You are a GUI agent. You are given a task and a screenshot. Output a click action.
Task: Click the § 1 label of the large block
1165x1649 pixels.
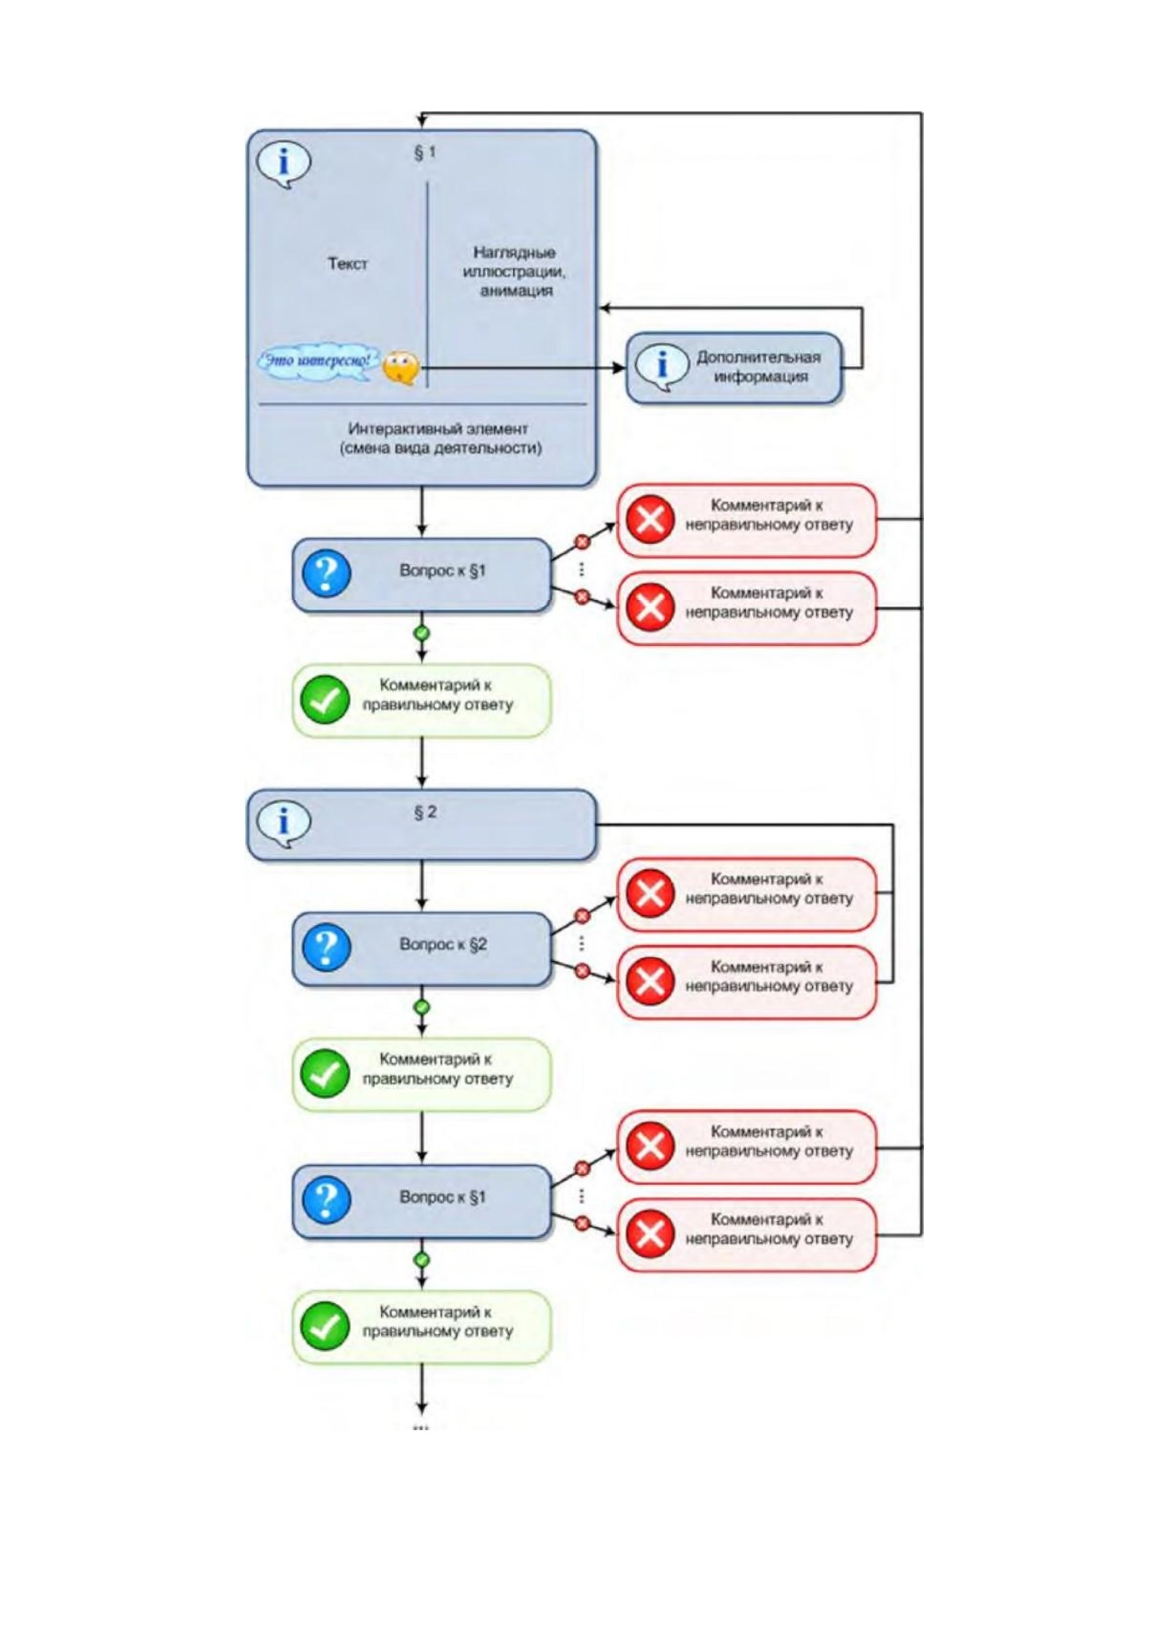(425, 152)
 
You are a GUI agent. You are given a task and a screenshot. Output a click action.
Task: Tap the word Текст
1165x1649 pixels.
(347, 264)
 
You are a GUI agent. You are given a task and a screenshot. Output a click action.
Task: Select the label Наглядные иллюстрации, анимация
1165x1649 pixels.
(515, 272)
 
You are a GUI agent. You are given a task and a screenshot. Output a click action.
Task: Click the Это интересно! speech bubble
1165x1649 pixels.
(318, 360)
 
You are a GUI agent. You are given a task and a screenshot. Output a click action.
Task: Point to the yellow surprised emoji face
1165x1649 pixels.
(400, 368)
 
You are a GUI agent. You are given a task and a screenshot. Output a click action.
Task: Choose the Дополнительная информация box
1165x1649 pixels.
(734, 368)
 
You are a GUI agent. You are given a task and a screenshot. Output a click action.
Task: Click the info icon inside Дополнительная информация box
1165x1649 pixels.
(661, 367)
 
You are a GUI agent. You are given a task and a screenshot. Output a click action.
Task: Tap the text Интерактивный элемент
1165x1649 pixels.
(438, 429)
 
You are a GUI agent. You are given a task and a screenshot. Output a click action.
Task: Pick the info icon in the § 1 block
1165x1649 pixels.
(283, 164)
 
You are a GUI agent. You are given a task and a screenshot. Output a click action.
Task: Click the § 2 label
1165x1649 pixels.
(425, 812)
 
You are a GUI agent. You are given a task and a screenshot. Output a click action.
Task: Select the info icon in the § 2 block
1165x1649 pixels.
(283, 824)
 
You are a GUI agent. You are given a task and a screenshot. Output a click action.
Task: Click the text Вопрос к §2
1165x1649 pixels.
(443, 944)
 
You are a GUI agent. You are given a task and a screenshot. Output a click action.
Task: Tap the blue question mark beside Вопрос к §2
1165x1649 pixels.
(326, 947)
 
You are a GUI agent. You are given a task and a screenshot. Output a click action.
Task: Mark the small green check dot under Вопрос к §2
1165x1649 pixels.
(421, 1007)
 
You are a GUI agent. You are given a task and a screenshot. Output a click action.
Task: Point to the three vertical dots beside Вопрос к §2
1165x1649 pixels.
(581, 943)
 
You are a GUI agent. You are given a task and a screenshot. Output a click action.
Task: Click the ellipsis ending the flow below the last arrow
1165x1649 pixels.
(421, 1429)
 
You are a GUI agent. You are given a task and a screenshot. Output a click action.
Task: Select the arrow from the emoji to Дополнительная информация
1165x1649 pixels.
(523, 368)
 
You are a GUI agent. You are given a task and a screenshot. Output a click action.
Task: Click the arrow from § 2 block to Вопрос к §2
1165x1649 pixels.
(421, 886)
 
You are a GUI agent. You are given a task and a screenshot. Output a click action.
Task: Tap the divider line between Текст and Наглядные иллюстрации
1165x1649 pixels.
(427, 285)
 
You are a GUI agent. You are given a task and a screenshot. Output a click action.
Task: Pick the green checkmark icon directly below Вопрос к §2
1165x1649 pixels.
(325, 1074)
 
